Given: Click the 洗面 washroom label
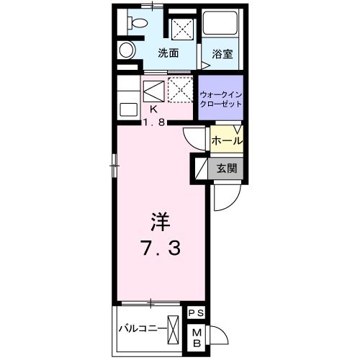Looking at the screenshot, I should (x=168, y=53).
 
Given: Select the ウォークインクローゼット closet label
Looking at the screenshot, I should (x=220, y=99).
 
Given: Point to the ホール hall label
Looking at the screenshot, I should (x=226, y=141).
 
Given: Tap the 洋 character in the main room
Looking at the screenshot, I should (x=161, y=220).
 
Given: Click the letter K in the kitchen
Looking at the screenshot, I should (x=153, y=109).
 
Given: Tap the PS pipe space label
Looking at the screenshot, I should (x=196, y=313).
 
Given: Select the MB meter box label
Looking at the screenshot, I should (x=196, y=337).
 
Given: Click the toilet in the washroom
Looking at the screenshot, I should (x=127, y=50).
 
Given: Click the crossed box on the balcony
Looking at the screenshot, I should (x=173, y=329).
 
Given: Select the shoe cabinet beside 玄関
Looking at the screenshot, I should (x=198, y=169).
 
